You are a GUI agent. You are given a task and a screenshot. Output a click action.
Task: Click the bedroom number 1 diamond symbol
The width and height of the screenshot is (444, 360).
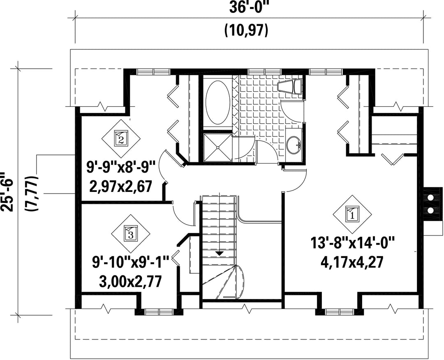pyautogui.click(x=352, y=214)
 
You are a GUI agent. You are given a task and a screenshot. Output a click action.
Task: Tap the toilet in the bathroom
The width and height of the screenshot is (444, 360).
pyautogui.click(x=290, y=86)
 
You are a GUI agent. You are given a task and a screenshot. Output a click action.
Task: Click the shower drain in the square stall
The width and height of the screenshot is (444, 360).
pyautogui.click(x=218, y=148)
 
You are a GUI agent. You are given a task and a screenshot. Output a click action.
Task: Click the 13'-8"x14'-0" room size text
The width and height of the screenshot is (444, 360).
pyautogui.click(x=352, y=243)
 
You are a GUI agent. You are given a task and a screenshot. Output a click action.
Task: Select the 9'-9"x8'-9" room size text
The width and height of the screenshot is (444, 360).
pyautogui.click(x=121, y=167)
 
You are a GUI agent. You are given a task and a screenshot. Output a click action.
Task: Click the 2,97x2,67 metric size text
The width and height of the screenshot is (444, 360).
pyautogui.click(x=121, y=187)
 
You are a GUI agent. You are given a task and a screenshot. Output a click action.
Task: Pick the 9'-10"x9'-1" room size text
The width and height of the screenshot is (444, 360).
pyautogui.click(x=131, y=261)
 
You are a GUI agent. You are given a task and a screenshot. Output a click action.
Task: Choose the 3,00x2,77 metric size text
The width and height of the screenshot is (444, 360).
pyautogui.click(x=131, y=281)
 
